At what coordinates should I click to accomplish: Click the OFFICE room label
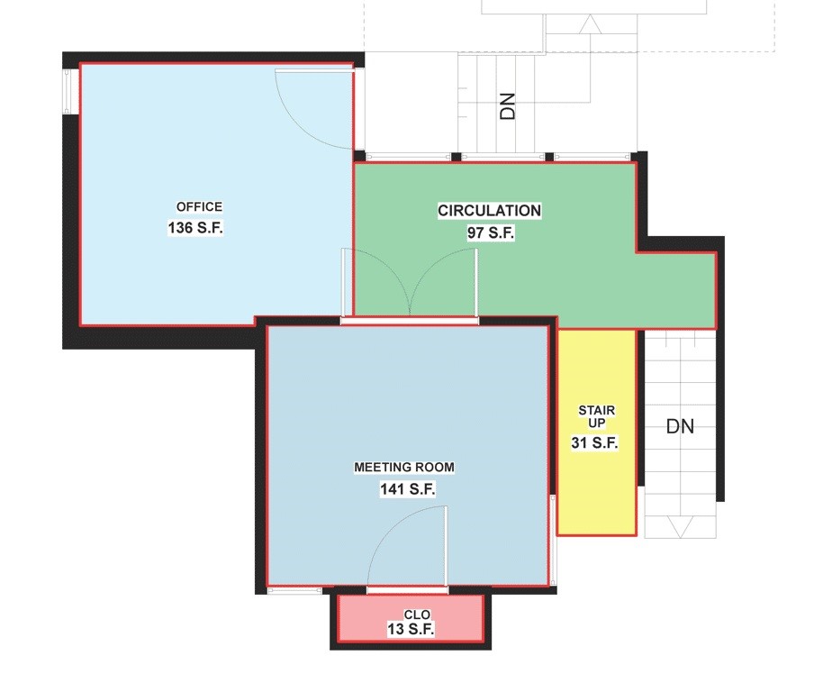[x=199, y=207]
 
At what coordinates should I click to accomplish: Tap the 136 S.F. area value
[x=194, y=228]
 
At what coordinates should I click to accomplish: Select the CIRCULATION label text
[x=489, y=211]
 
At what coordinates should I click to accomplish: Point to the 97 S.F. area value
[x=490, y=232]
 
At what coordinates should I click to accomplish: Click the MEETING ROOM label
[x=404, y=468]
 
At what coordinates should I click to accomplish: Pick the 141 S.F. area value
[x=408, y=489]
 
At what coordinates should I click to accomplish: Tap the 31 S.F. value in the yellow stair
[x=594, y=442]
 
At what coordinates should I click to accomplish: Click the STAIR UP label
[x=596, y=417]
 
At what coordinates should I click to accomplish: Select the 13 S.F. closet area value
[x=411, y=630]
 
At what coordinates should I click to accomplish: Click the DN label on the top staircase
[x=508, y=107]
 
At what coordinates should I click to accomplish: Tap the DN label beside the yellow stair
[x=681, y=426]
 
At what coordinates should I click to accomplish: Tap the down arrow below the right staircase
[x=681, y=526]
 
